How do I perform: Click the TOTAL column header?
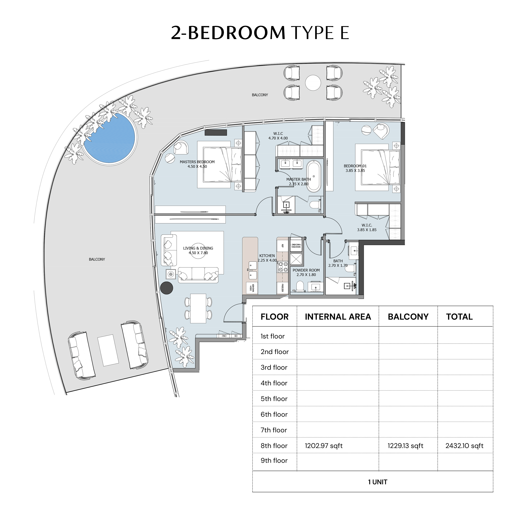[x=459, y=317]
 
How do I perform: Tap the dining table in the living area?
[x=198, y=308]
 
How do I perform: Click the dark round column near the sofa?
[x=167, y=288]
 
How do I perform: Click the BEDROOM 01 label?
[x=355, y=166]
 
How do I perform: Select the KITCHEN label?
[x=267, y=256]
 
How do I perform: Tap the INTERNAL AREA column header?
[x=338, y=317]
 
